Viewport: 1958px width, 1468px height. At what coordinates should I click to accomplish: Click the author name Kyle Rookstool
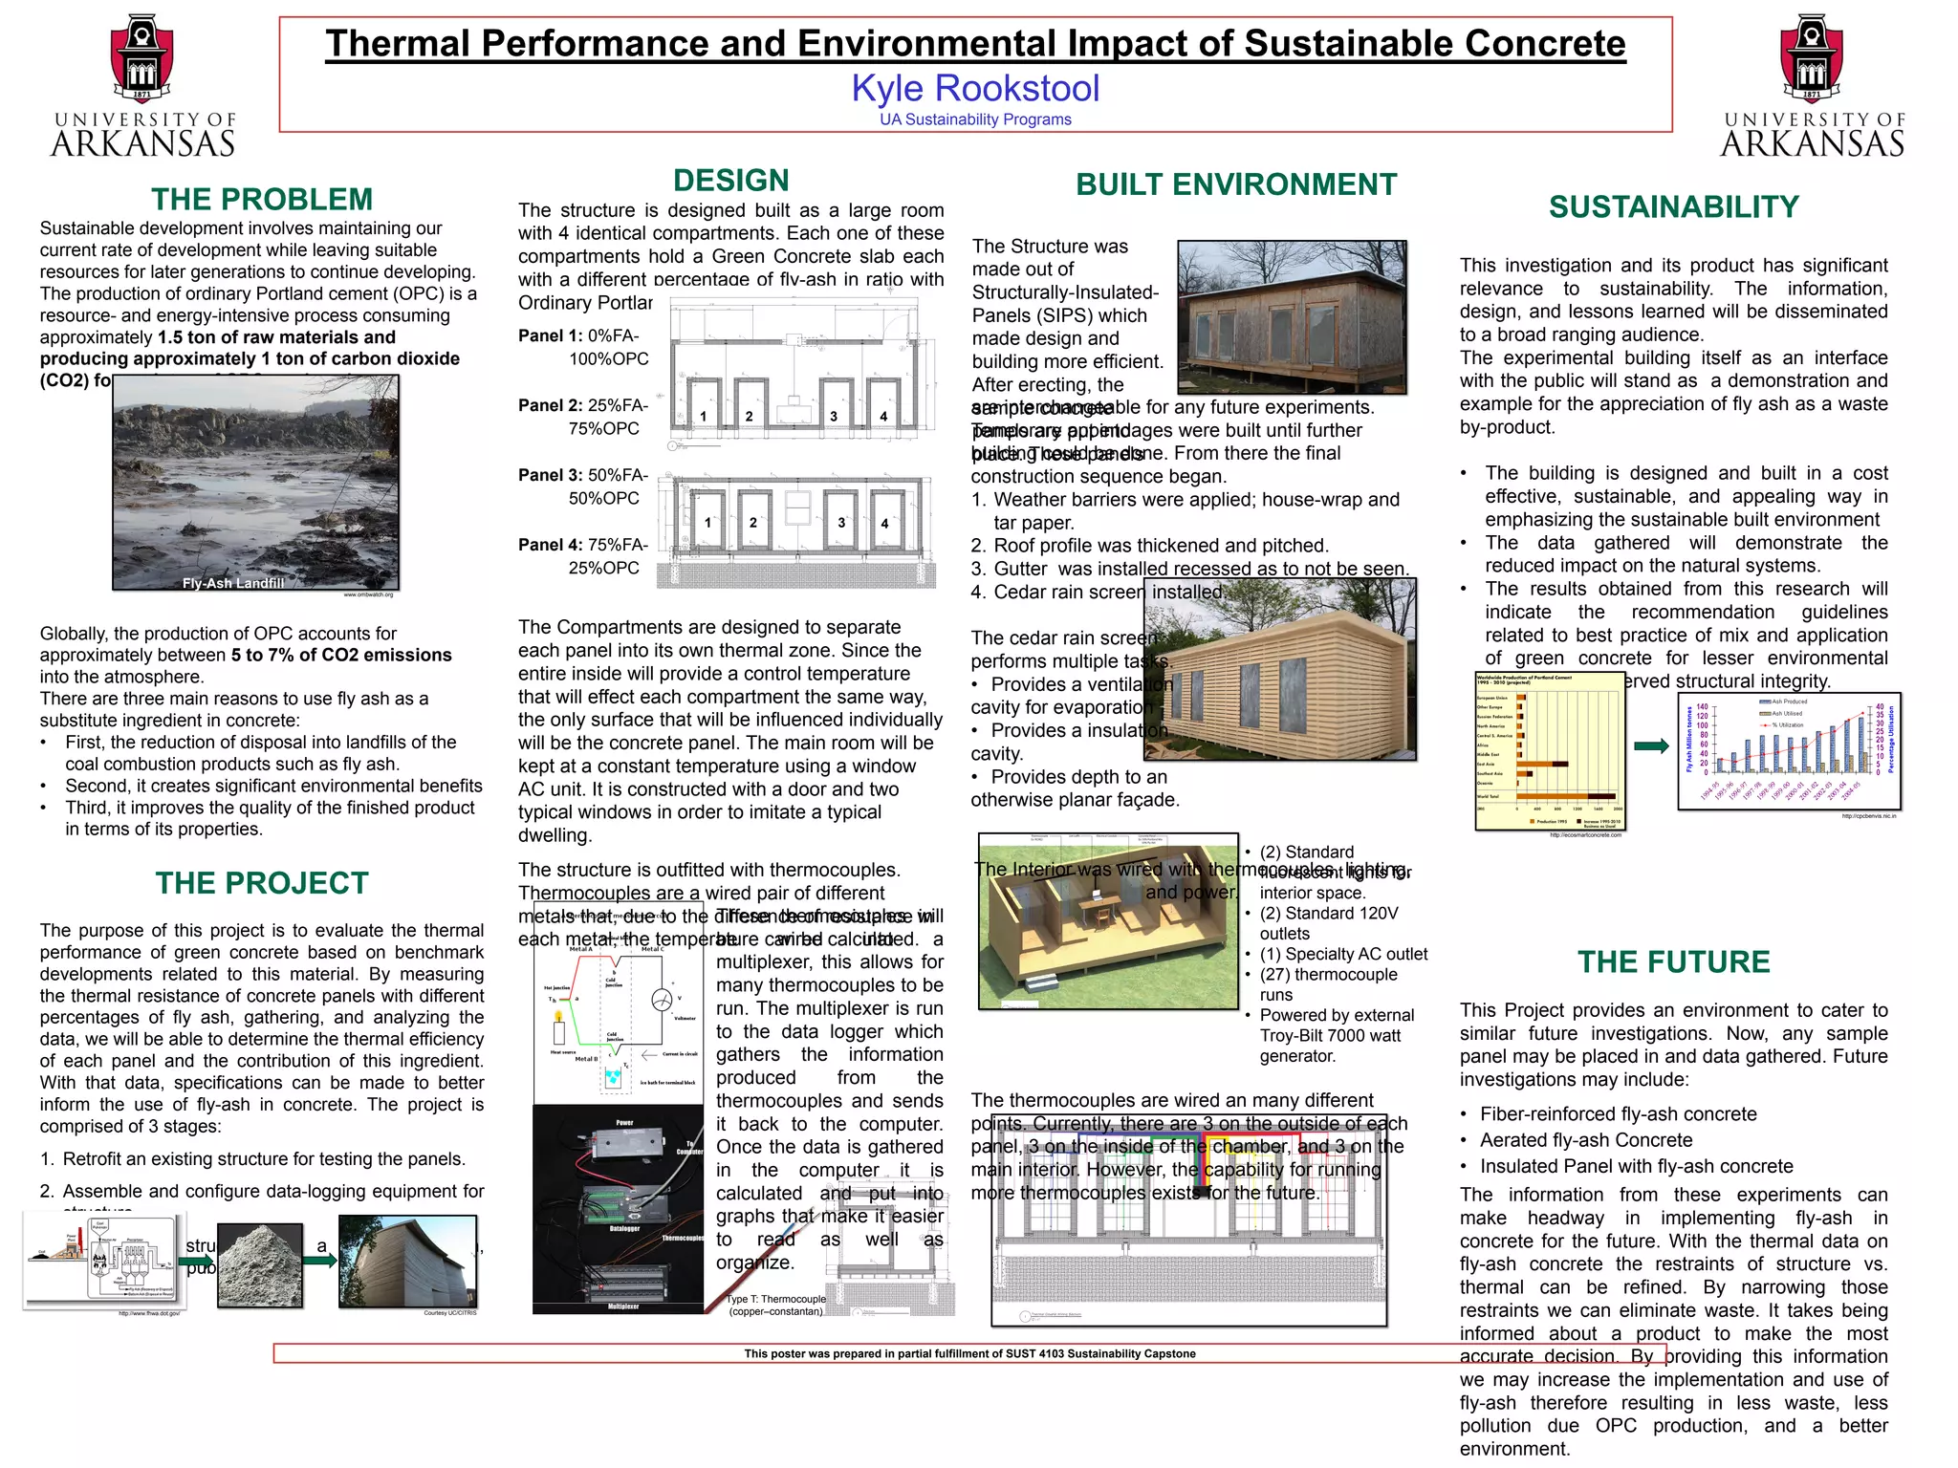tap(975, 88)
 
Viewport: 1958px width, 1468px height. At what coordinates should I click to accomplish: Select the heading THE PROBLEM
tap(262, 199)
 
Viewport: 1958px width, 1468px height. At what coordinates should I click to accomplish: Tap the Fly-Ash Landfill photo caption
tap(233, 583)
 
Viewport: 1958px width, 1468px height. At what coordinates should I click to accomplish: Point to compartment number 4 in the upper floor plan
tap(883, 416)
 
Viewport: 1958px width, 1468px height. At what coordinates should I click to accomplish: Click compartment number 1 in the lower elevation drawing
tap(707, 523)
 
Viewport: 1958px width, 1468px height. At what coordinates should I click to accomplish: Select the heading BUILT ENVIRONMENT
tap(1236, 184)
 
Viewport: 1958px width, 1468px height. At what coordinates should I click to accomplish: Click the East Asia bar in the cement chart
tap(1541, 764)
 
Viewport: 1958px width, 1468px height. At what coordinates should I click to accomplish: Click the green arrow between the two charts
tap(1651, 746)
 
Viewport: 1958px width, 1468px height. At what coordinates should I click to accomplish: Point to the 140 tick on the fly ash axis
tap(1703, 707)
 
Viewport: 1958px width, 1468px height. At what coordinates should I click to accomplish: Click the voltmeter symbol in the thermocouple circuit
tap(662, 1000)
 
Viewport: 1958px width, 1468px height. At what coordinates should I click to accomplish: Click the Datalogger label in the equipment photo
tap(624, 1229)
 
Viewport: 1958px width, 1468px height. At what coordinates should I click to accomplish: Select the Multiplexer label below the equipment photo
tap(623, 1306)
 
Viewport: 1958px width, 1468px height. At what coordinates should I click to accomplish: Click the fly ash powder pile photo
tap(260, 1264)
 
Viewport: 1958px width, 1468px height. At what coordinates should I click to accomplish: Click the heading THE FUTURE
tap(1673, 961)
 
